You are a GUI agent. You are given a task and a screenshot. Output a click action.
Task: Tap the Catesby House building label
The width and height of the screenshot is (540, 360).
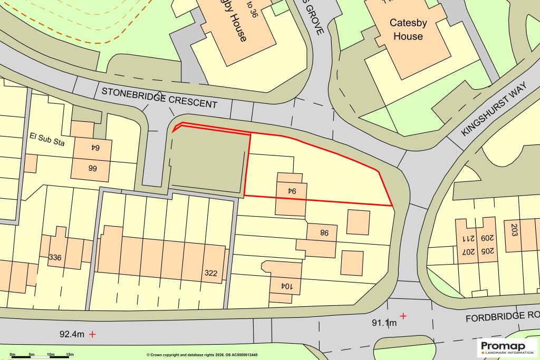tap(406, 30)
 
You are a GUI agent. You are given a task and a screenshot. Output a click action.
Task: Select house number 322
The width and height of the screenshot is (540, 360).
tap(210, 274)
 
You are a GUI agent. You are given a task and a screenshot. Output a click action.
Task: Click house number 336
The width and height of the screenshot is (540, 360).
tap(55, 258)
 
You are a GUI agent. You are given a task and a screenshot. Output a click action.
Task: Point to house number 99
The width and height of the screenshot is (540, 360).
tap(92, 169)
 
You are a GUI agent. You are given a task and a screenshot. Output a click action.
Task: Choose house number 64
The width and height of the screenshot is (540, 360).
tap(93, 148)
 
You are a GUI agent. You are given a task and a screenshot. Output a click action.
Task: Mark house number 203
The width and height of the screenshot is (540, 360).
tap(515, 230)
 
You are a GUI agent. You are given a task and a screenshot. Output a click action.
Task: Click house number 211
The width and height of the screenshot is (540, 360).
tap(466, 237)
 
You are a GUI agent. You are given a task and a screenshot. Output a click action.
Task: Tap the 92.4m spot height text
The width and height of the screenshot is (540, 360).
tap(72, 334)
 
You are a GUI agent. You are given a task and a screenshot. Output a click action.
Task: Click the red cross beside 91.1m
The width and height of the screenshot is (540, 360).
tap(403, 316)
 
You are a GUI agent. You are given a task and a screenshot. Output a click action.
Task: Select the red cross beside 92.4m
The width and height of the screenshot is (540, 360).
tap(93, 334)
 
